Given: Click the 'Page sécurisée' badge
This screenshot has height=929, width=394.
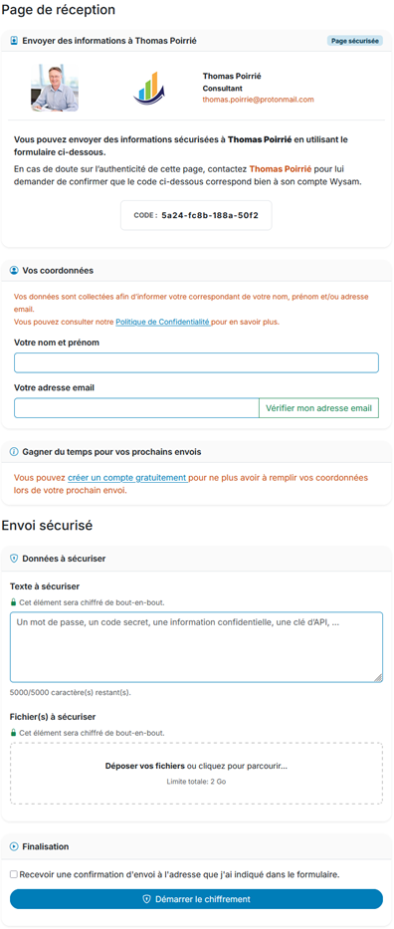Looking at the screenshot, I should click(354, 41).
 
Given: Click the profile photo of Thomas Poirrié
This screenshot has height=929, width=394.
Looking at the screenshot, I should click(55, 88).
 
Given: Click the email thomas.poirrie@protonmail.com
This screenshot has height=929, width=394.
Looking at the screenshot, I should click(258, 100).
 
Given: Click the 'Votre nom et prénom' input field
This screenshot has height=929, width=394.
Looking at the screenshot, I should click(196, 362).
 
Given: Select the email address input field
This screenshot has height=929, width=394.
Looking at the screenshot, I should click(135, 407).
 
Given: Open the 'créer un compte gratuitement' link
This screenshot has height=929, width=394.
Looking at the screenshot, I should click(127, 478).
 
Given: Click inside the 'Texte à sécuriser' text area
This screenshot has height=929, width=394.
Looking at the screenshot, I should click(196, 646).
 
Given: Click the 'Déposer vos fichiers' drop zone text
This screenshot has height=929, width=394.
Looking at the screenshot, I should click(195, 766).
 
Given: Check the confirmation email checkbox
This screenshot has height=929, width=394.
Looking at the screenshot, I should click(14, 874).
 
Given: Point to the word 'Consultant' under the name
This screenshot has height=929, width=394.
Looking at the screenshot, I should click(223, 88).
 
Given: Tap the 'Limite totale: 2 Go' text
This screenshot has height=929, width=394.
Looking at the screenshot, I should click(196, 782).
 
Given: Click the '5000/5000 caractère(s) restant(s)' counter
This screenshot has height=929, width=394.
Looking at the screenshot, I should click(70, 692).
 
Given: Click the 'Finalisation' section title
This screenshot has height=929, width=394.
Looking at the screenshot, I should click(45, 846).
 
